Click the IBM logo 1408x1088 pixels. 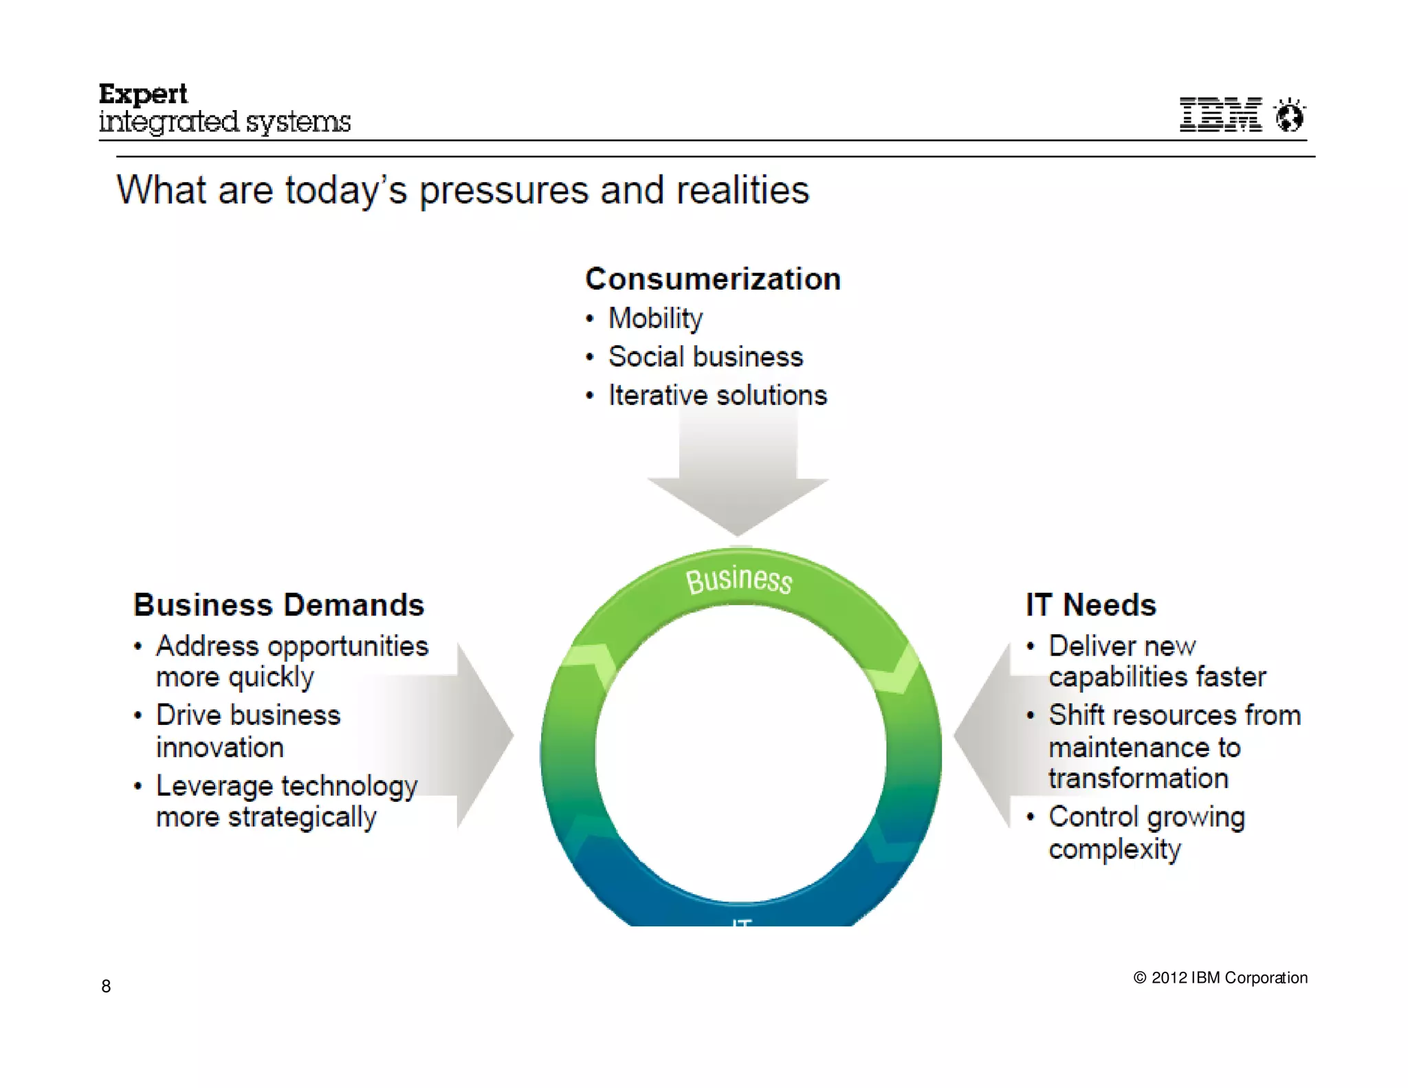(1220, 114)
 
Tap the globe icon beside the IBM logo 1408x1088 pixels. (1289, 116)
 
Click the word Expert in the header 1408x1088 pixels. (143, 94)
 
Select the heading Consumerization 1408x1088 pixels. (712, 279)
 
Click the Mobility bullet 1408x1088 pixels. (655, 318)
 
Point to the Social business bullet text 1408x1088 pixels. (705, 357)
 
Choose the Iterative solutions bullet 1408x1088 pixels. (717, 395)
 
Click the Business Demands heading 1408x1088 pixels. (278, 605)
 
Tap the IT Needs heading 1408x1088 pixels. (1090, 605)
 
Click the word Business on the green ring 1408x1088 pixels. (739, 579)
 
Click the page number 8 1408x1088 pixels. (106, 986)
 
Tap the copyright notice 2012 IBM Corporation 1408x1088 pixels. (1220, 978)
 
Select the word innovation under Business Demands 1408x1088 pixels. (220, 748)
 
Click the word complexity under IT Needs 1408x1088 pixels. (1114, 849)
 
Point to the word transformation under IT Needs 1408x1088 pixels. (1138, 779)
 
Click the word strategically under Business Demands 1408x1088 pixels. (302, 818)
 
